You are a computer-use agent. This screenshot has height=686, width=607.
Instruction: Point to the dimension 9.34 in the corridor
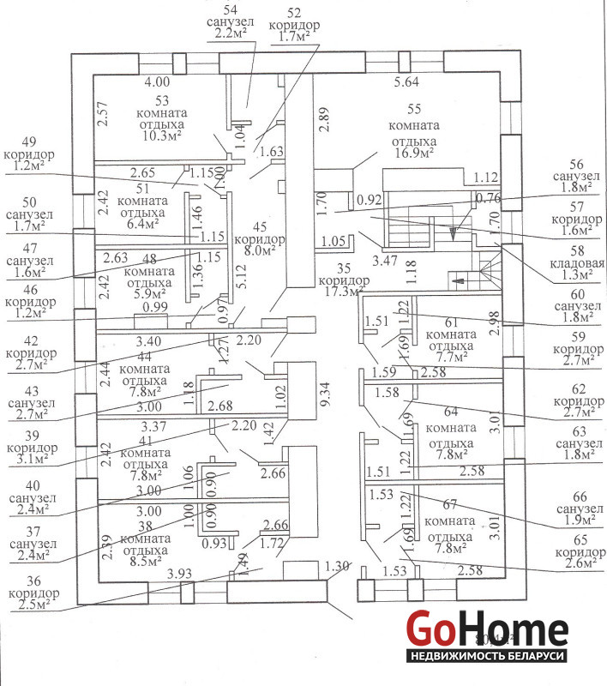click(x=324, y=395)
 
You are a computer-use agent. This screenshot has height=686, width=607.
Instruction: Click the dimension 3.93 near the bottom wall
click(x=179, y=573)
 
